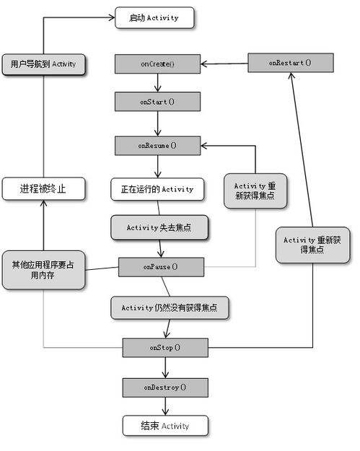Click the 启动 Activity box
[x=154, y=18]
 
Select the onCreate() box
[x=157, y=64]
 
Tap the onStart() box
[x=157, y=102]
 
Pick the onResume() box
[x=157, y=146]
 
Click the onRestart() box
[x=291, y=63]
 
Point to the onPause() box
[x=162, y=267]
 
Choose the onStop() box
[x=165, y=348]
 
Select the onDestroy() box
[x=165, y=387]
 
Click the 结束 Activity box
[x=165, y=426]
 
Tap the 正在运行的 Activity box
[x=157, y=189]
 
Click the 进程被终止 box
[x=44, y=188]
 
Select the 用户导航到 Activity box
[x=44, y=64]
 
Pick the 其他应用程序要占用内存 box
[x=44, y=270]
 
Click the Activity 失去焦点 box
[x=159, y=227]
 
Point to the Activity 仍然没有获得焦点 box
[x=170, y=307]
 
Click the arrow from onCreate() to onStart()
[x=157, y=83]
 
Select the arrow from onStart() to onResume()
[x=157, y=123]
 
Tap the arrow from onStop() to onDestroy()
[x=165, y=368]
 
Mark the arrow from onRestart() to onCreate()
[x=224, y=64]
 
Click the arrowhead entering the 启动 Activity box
[x=112, y=17]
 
